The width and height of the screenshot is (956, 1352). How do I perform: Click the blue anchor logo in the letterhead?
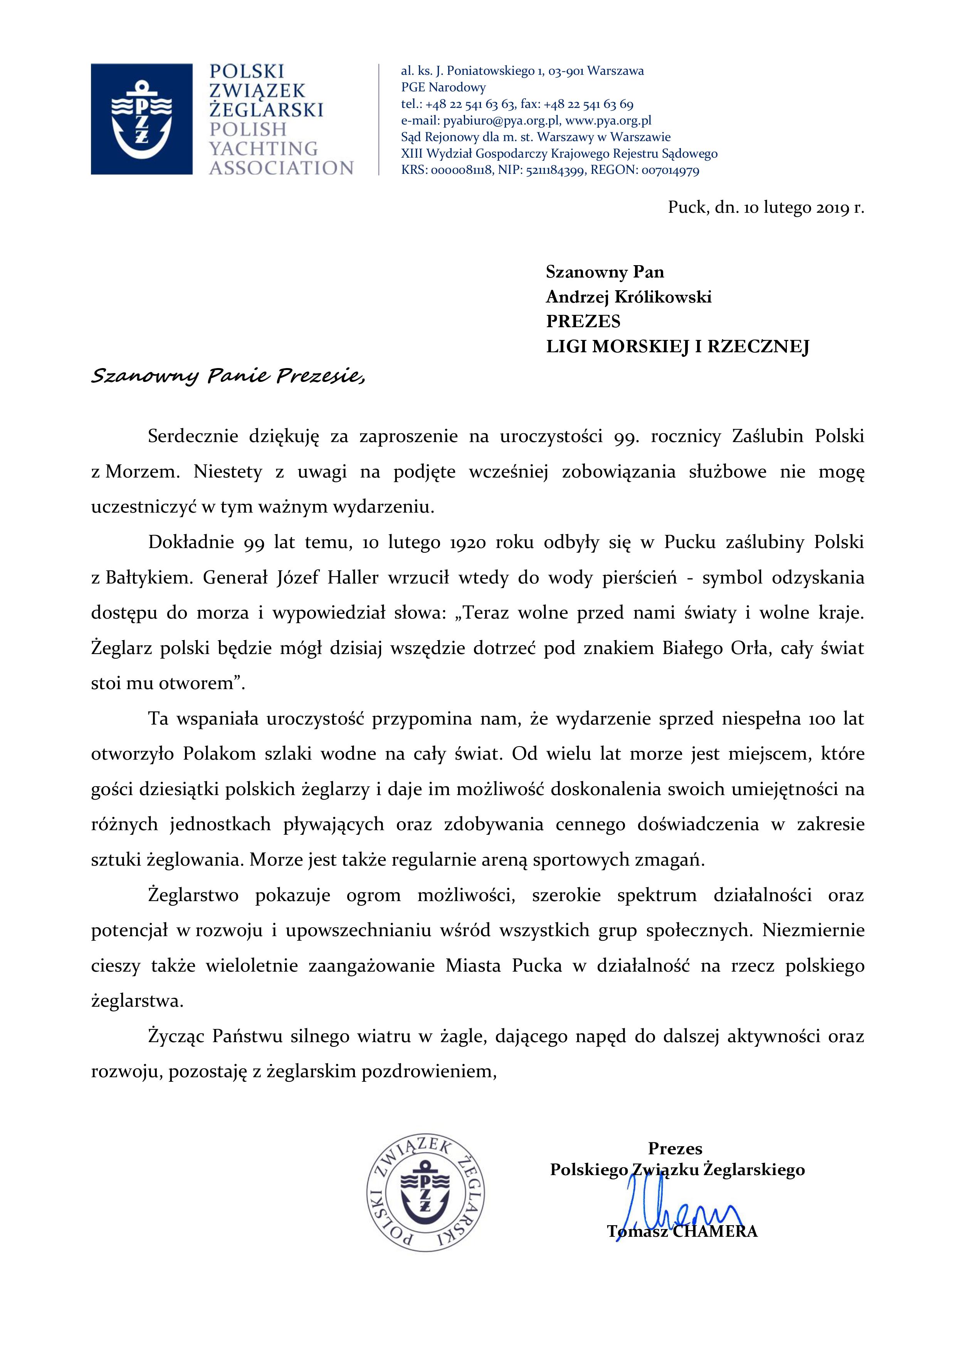pyautogui.click(x=141, y=119)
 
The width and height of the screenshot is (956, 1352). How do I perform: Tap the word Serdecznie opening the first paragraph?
pyautogui.click(x=193, y=437)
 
